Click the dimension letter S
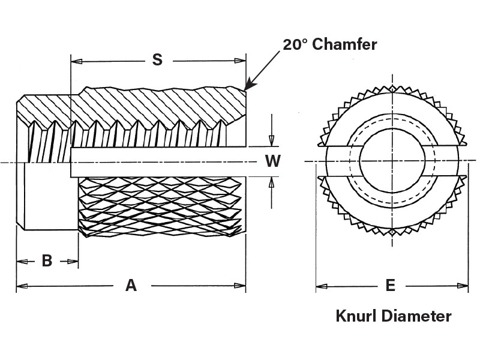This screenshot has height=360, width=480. pyautogui.click(x=158, y=59)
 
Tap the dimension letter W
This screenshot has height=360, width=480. pyautogui.click(x=273, y=161)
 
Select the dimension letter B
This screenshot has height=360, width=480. pyautogui.click(x=47, y=261)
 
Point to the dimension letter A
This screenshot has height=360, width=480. pyautogui.click(x=131, y=286)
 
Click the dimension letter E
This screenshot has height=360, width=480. pyautogui.click(x=391, y=286)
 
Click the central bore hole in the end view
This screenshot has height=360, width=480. pyautogui.click(x=392, y=161)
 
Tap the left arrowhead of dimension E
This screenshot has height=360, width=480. pyautogui.click(x=320, y=286)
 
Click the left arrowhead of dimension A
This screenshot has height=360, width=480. pyautogui.click(x=20, y=286)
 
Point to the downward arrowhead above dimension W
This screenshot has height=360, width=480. pyautogui.click(x=272, y=142)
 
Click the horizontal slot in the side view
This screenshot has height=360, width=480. pyautogui.click(x=159, y=162)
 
